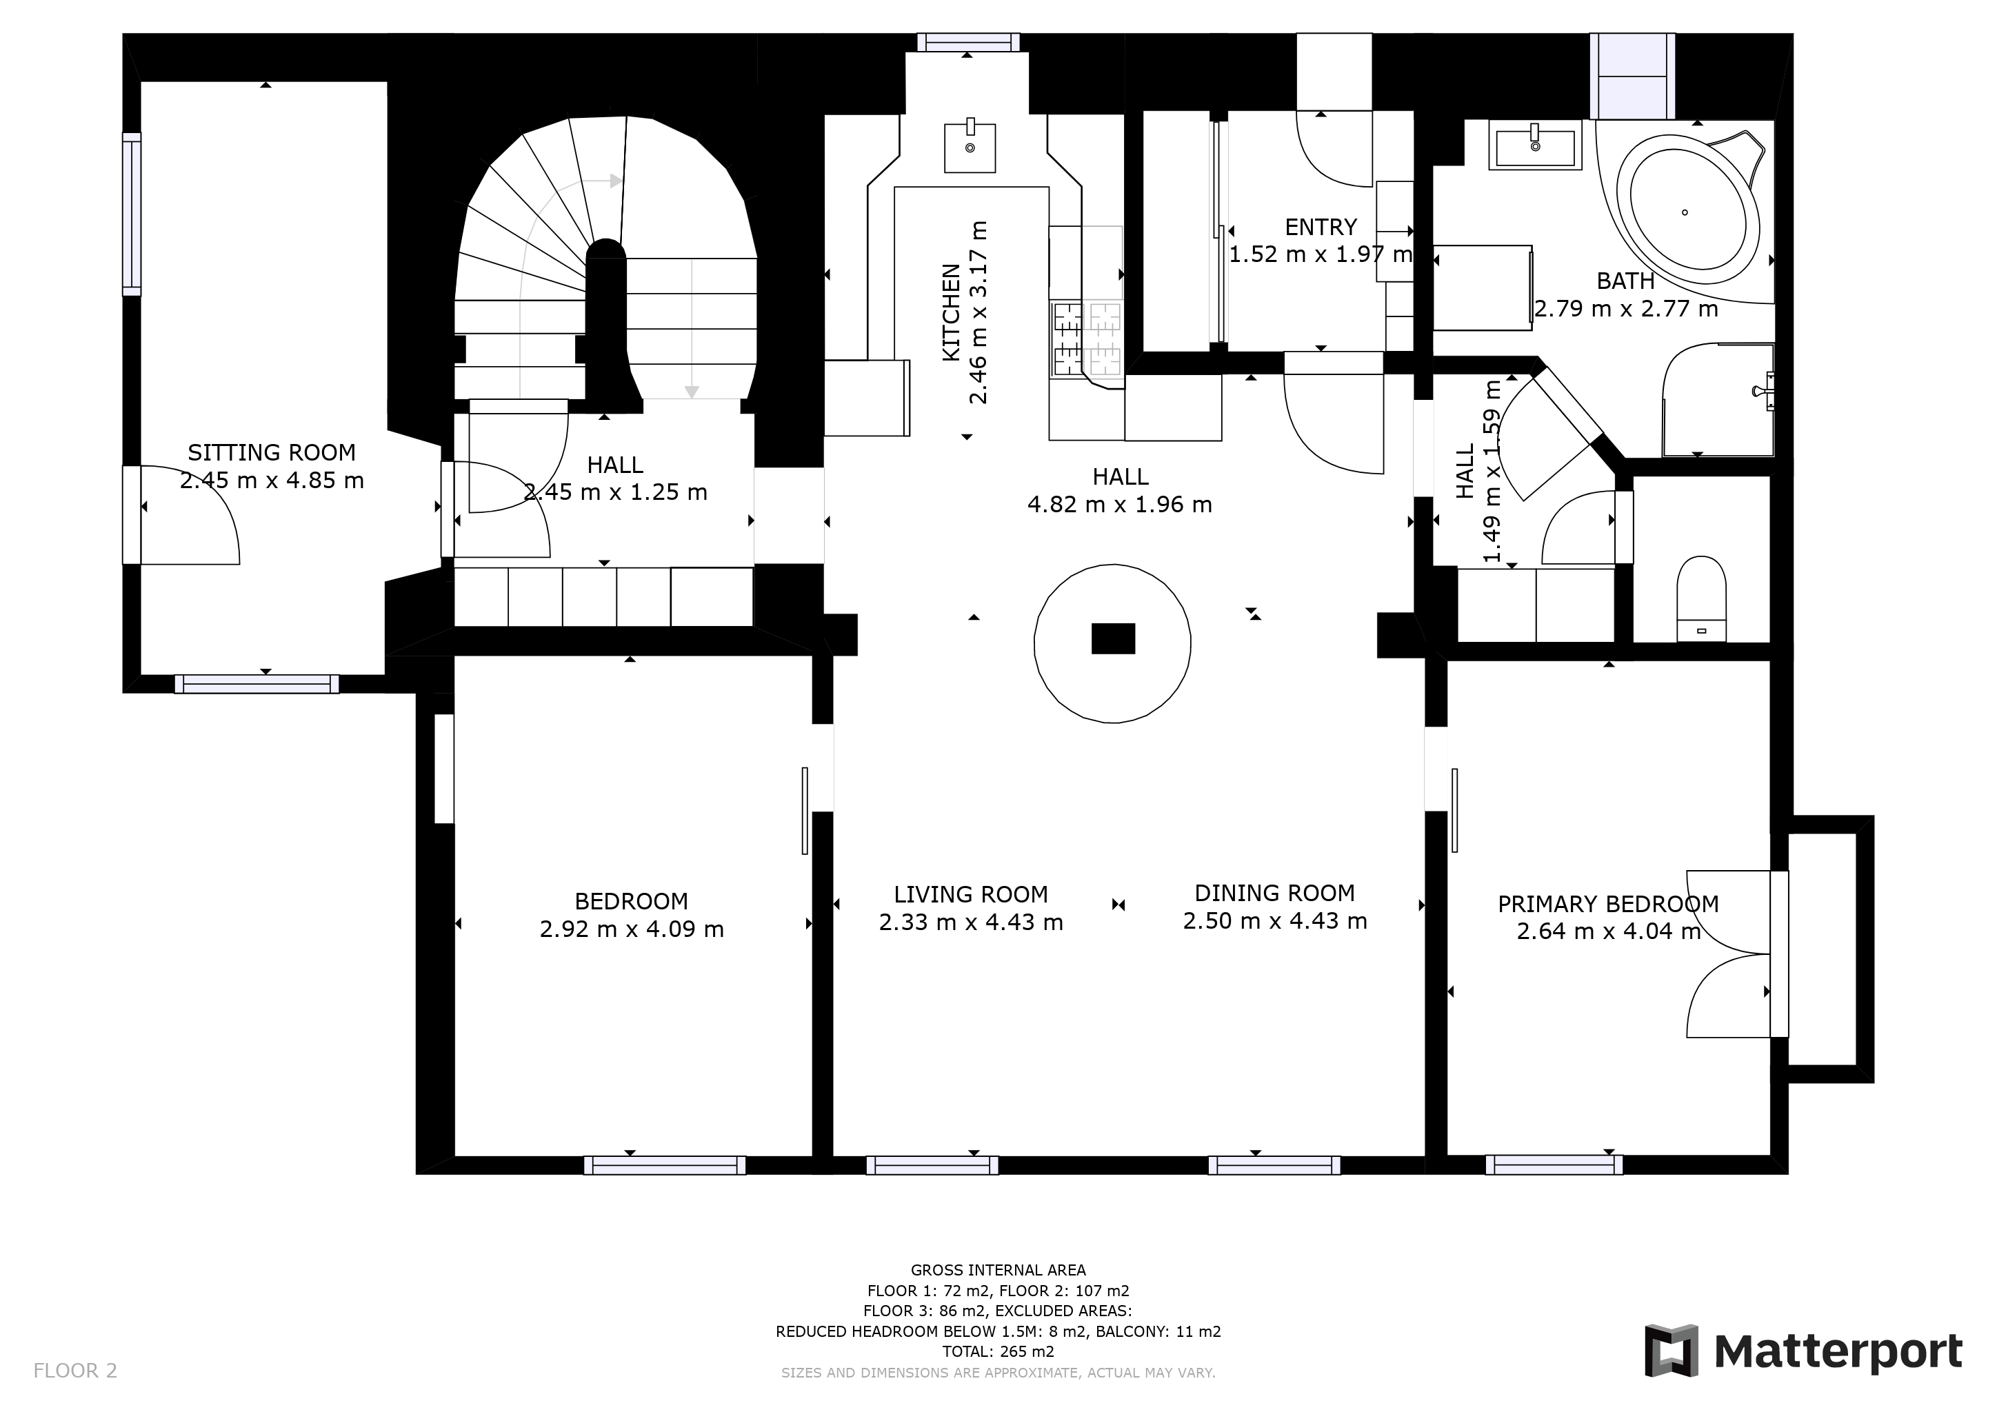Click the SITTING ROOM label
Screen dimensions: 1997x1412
272,452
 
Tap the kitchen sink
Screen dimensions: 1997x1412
970,146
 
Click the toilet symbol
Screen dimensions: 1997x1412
1700,598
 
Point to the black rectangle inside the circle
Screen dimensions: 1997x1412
1113,638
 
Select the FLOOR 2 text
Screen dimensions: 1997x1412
74,1371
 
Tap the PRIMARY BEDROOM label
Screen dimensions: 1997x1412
1608,905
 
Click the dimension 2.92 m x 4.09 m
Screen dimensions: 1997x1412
632,929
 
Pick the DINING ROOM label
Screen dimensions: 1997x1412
1274,893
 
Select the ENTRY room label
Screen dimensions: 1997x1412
1321,227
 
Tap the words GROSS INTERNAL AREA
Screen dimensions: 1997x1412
998,1270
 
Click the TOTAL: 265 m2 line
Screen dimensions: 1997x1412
998,1352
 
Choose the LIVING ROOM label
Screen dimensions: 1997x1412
971,895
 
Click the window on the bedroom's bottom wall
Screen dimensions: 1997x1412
665,1165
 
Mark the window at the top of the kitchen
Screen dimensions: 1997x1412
968,42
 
